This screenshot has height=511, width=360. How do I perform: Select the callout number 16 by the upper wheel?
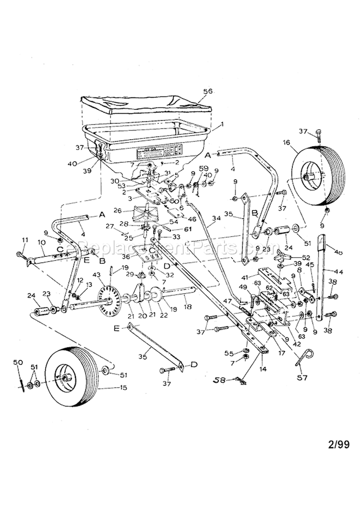tap(287, 143)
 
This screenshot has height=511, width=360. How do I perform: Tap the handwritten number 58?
tap(219, 380)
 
